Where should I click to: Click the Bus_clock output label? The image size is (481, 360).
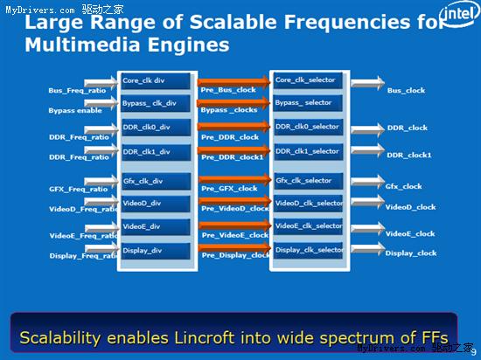(x=406, y=91)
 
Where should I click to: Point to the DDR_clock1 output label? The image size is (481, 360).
(x=409, y=155)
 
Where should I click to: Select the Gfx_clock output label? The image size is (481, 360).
(x=403, y=186)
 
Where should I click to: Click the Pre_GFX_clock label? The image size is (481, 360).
(x=229, y=189)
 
